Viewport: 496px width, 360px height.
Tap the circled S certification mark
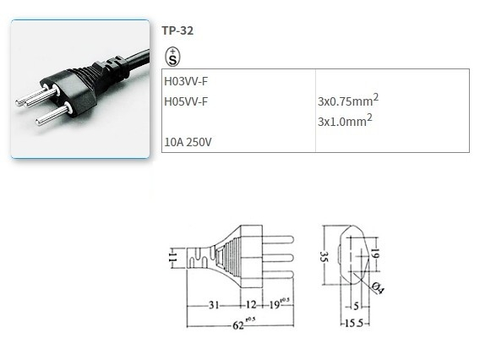coord(172,57)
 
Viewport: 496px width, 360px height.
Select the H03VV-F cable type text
coord(186,82)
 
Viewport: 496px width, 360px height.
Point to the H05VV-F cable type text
coord(186,102)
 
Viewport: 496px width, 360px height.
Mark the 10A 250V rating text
coord(188,141)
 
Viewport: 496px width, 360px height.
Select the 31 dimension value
coord(215,304)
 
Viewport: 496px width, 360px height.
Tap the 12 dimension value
coord(251,304)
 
